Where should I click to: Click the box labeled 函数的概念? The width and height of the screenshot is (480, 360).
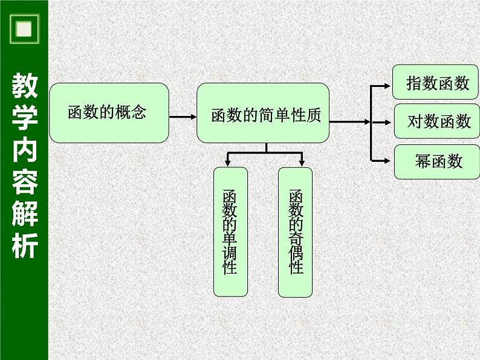109,113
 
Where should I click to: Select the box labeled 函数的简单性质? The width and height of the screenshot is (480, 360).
263,113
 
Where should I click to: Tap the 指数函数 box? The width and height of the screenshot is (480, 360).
435,82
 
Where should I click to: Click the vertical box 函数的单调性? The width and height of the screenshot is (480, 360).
230,232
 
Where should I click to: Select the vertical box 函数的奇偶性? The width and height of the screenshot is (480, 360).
295,232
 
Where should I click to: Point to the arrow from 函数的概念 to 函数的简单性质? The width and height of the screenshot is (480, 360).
182,117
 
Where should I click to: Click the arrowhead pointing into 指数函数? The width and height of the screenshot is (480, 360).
388,85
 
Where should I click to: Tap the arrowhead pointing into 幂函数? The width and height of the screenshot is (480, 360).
388,160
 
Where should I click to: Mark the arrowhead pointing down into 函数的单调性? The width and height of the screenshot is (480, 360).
227,163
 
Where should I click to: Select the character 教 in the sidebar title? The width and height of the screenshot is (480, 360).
24,87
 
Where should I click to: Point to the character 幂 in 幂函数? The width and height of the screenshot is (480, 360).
423,161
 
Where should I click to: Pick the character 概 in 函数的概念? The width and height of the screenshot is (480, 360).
123,113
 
